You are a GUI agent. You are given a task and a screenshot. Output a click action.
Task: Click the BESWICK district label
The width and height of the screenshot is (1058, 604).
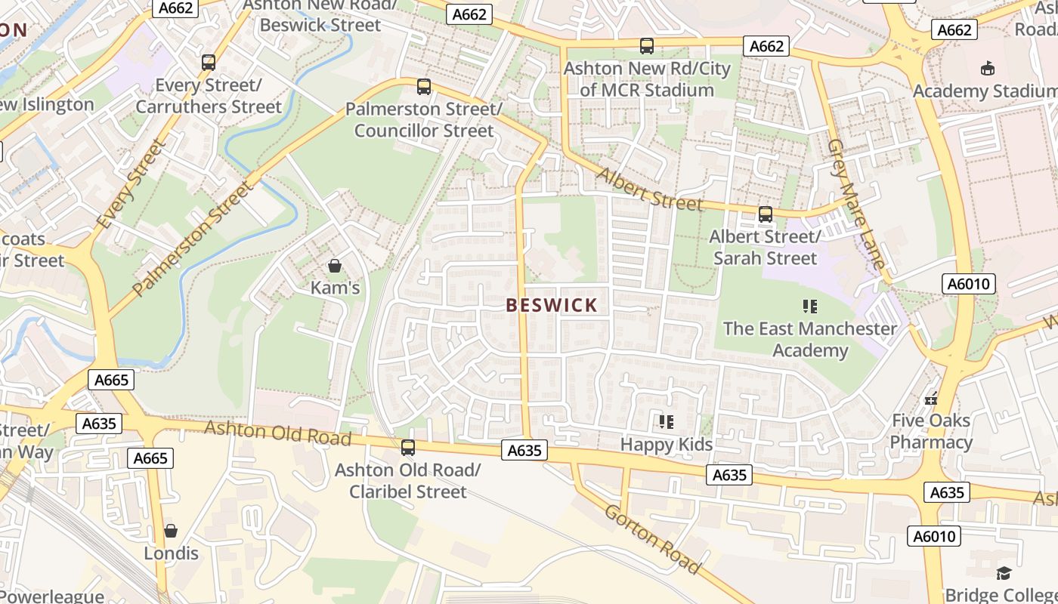pyautogui.click(x=552, y=306)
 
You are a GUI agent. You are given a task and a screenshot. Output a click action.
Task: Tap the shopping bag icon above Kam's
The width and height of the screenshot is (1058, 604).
pyautogui.click(x=335, y=266)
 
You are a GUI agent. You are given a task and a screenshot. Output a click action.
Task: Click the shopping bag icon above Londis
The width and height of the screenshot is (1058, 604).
pyautogui.click(x=171, y=531)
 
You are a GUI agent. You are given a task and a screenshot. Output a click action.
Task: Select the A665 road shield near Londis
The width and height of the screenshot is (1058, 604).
pyautogui.click(x=152, y=458)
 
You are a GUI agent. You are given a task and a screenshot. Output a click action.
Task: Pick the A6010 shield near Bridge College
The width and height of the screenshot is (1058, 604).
pyautogui.click(x=935, y=537)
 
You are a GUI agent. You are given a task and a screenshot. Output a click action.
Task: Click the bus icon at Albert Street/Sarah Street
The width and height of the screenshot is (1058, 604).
pyautogui.click(x=766, y=214)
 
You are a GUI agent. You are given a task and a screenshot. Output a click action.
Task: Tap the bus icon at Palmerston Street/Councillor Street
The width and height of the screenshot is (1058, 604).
pyautogui.click(x=424, y=87)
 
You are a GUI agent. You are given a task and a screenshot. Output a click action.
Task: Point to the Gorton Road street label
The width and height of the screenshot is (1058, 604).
pyautogui.click(x=651, y=538)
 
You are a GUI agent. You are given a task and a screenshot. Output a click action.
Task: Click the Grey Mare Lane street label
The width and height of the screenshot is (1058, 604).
pyautogui.click(x=855, y=204)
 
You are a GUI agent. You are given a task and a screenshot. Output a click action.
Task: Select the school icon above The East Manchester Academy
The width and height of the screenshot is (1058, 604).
pyautogui.click(x=810, y=307)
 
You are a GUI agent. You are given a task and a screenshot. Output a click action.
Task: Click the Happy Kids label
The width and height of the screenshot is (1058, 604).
pyautogui.click(x=667, y=445)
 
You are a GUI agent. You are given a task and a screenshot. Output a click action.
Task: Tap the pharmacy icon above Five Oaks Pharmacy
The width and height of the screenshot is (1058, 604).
pyautogui.click(x=931, y=398)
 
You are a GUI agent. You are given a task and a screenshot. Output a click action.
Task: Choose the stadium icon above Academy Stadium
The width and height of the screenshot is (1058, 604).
pyautogui.click(x=987, y=69)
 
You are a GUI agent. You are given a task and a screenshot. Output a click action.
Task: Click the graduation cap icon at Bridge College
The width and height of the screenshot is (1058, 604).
pyautogui.click(x=1004, y=573)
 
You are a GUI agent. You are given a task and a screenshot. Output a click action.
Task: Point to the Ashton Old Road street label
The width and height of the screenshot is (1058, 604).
pyautogui.click(x=278, y=433)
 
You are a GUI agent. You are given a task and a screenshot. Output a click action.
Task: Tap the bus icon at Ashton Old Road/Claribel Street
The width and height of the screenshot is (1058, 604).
pyautogui.click(x=408, y=448)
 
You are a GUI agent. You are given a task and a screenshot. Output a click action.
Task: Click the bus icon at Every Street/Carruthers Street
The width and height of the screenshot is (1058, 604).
pyautogui.click(x=209, y=63)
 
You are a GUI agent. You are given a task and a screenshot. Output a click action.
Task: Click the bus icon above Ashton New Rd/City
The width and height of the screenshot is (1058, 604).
pyautogui.click(x=647, y=46)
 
